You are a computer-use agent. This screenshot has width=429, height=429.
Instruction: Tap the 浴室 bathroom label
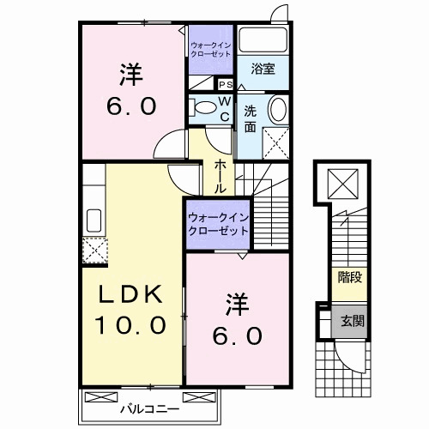(x=263, y=70)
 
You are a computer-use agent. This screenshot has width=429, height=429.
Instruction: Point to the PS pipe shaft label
(x=227, y=85)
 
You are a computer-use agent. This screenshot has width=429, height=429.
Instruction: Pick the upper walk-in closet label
(x=211, y=49)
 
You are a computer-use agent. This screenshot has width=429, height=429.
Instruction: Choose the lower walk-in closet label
(x=217, y=225)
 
